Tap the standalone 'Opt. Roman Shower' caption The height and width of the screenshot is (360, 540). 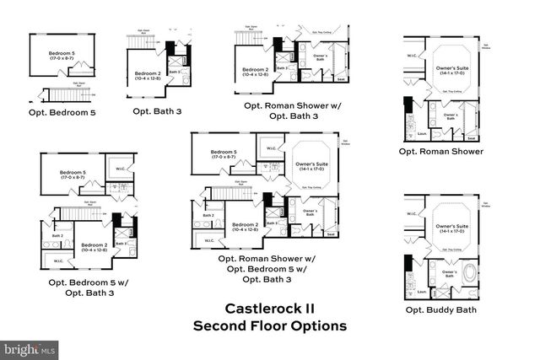point(441,152)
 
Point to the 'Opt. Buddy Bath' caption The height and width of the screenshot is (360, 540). point(440,309)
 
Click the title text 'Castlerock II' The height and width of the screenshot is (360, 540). point(269,309)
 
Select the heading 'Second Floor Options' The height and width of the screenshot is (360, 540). point(269,325)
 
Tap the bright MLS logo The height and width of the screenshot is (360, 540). point(30,347)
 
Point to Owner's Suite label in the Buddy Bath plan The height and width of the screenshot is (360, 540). point(451,229)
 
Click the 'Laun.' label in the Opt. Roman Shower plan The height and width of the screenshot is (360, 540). point(421,133)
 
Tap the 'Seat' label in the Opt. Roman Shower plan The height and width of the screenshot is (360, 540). point(472,137)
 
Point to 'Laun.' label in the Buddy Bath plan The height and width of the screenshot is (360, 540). point(421,292)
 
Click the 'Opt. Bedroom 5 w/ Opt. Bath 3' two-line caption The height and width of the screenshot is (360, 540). point(82,287)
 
